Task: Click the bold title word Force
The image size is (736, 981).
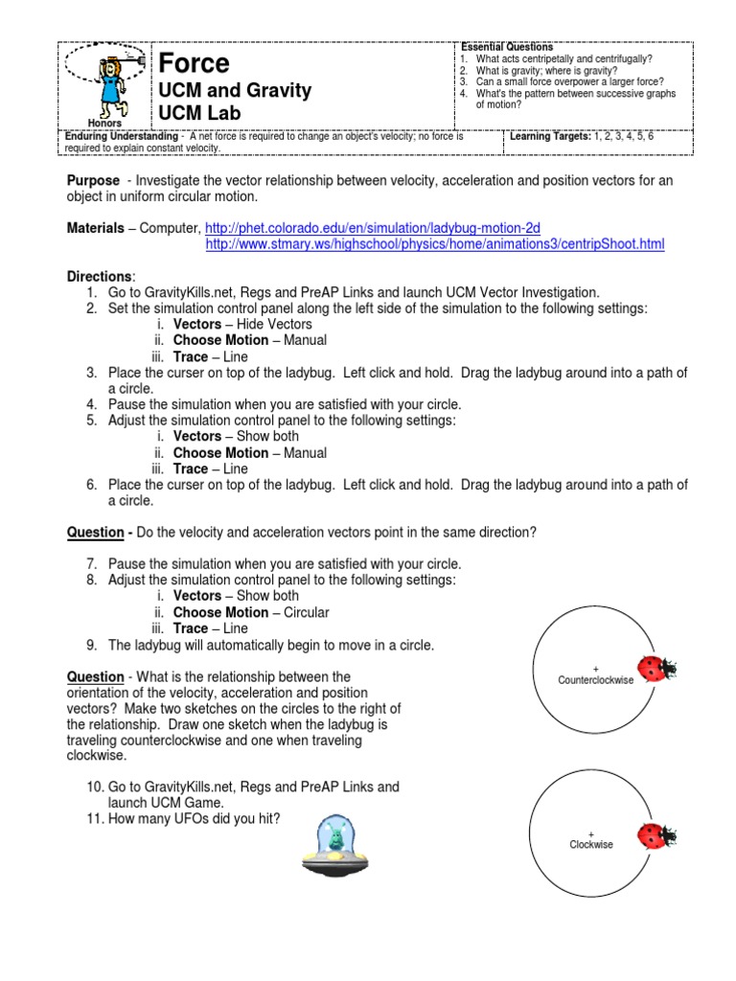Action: pos(194,64)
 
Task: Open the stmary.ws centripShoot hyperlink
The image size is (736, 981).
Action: pos(435,244)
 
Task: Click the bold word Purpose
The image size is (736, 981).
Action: pos(93,180)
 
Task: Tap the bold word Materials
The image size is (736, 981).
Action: pos(95,228)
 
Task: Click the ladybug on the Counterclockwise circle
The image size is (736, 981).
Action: pos(656,669)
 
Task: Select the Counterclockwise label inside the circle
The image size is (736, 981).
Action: pos(595,679)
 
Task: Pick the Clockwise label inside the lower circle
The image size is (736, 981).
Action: pos(591,844)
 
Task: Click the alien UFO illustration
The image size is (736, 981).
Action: pos(335,849)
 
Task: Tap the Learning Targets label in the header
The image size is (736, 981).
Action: pos(550,137)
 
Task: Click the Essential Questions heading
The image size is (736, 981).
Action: pos(507,47)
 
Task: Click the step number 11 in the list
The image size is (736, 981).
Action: pos(94,818)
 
